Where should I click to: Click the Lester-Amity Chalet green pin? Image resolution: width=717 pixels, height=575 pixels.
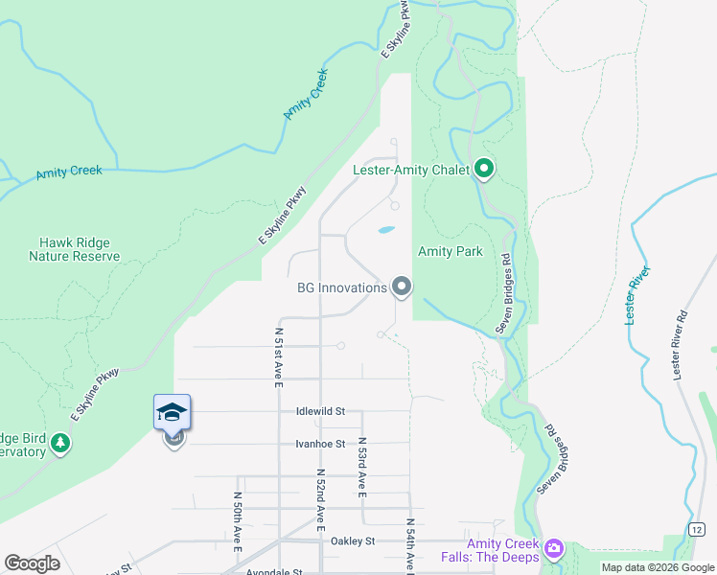click(x=484, y=171)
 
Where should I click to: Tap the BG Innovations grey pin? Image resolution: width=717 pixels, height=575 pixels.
click(x=402, y=287)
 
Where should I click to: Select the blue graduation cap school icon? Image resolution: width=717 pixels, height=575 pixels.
click(x=173, y=413)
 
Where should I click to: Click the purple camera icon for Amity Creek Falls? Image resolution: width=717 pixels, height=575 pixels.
click(x=553, y=549)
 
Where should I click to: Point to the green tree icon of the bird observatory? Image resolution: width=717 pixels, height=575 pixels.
click(x=61, y=443)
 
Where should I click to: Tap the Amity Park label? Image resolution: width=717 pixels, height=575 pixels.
click(x=450, y=251)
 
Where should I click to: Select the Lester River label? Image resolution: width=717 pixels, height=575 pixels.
click(x=638, y=295)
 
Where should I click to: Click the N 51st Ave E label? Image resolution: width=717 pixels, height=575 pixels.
click(x=279, y=356)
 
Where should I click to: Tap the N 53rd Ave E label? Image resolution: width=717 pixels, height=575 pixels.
click(x=362, y=468)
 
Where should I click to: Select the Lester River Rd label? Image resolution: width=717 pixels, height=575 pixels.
click(x=682, y=344)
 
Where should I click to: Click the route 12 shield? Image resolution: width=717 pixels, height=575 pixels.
click(x=697, y=530)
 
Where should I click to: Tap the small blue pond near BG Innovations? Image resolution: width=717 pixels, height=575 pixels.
click(x=385, y=230)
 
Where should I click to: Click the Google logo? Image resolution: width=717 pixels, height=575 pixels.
click(x=32, y=563)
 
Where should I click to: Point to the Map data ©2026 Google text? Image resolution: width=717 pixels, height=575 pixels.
click(x=658, y=567)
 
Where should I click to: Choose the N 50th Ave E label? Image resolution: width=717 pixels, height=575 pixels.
click(x=238, y=522)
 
